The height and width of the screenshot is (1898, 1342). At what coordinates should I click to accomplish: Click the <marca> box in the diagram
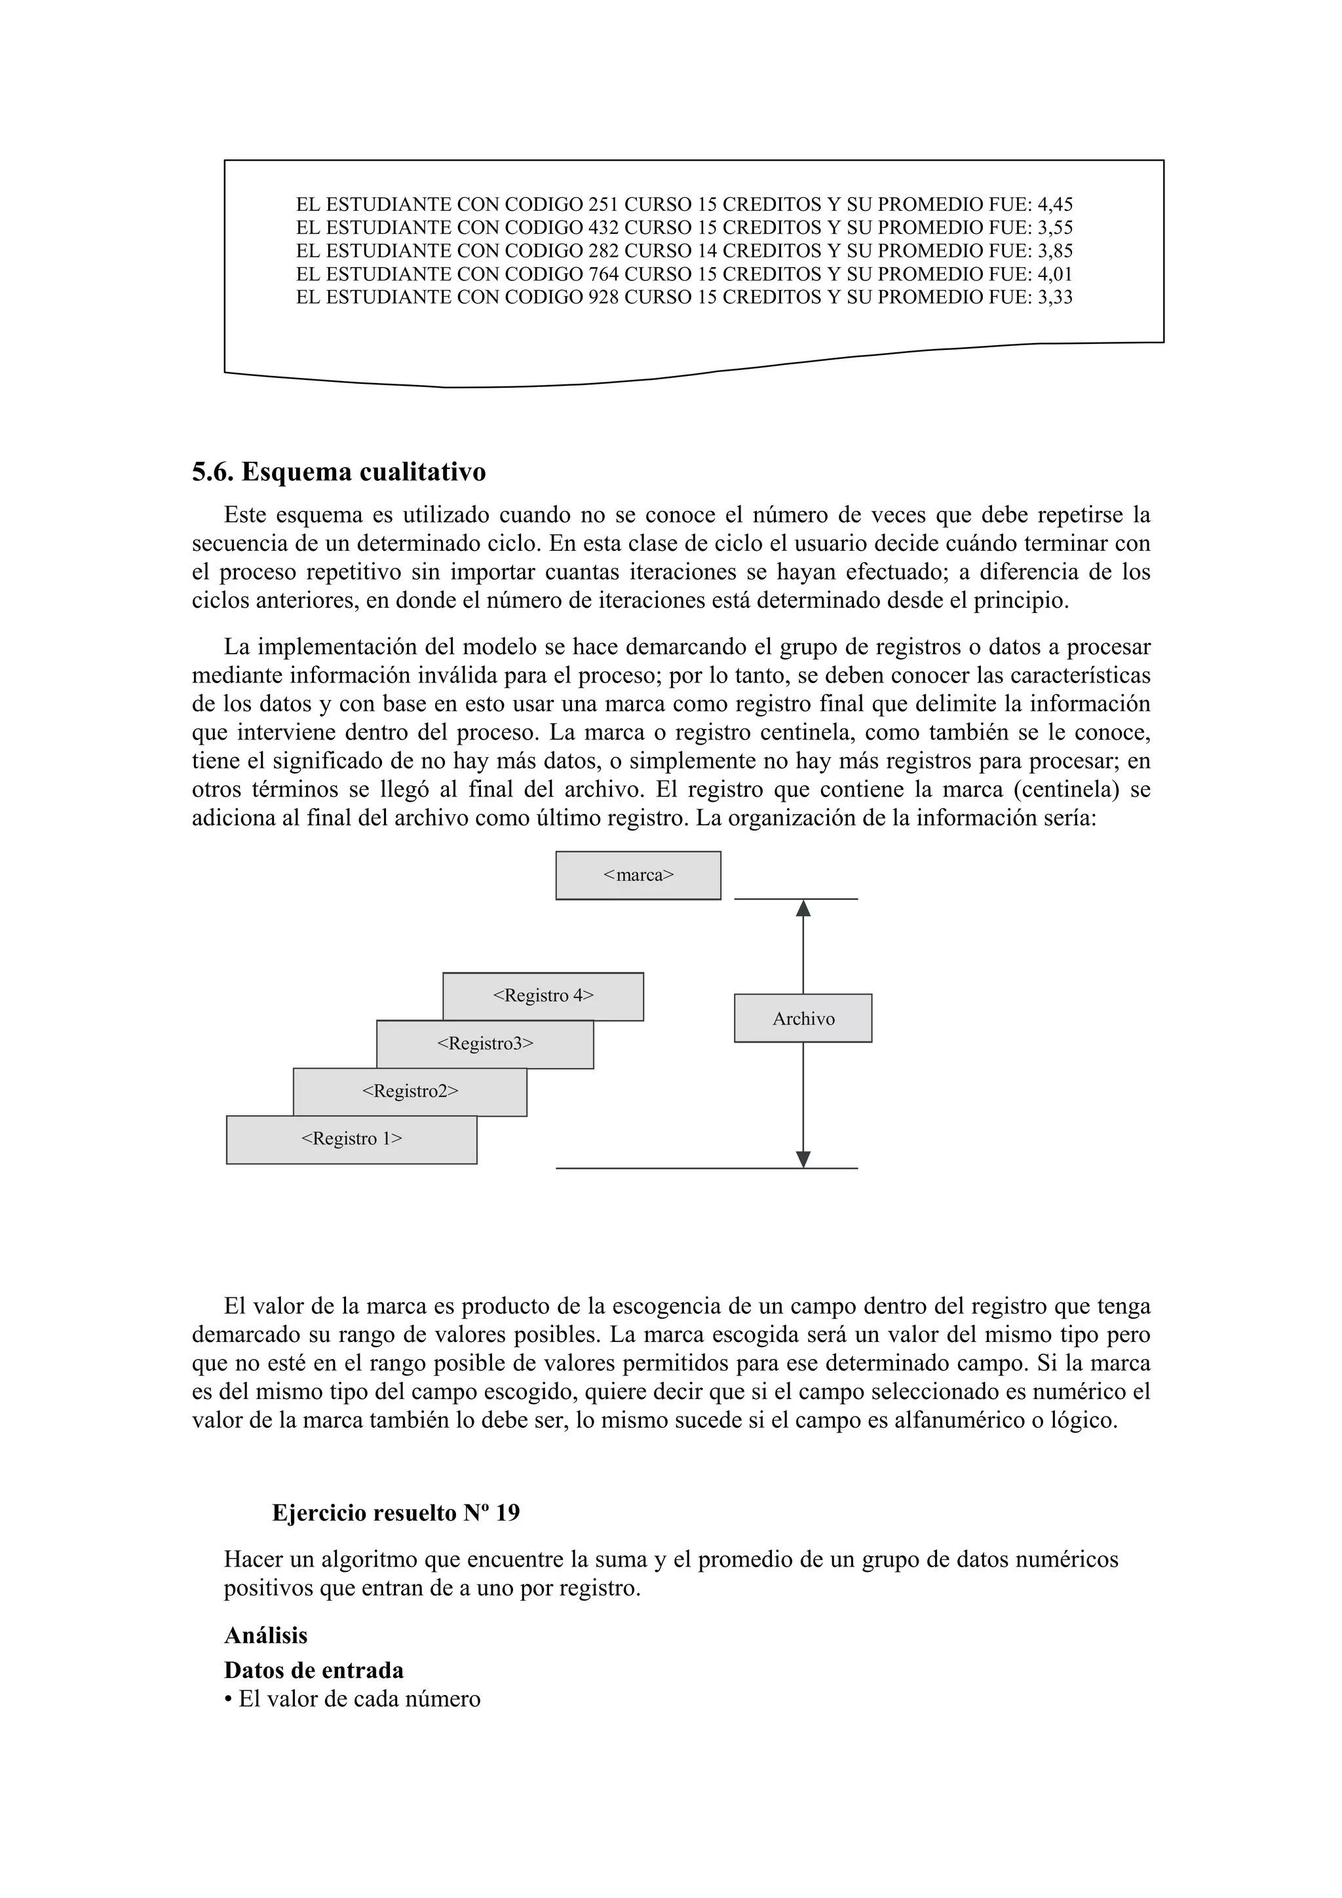pyautogui.click(x=638, y=876)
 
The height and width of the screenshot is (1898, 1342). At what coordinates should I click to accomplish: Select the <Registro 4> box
pyautogui.click(x=543, y=996)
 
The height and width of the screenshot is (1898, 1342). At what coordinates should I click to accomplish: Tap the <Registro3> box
pyautogui.click(x=484, y=1044)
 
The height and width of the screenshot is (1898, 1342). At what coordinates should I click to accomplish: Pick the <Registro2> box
pyautogui.click(x=410, y=1092)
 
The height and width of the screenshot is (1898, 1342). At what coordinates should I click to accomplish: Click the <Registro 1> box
pyautogui.click(x=351, y=1139)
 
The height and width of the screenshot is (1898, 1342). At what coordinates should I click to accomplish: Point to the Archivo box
pyautogui.click(x=803, y=1018)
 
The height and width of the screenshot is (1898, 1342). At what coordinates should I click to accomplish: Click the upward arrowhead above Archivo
pyautogui.click(x=803, y=908)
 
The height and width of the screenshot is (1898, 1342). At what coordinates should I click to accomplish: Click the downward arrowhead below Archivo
pyautogui.click(x=803, y=1159)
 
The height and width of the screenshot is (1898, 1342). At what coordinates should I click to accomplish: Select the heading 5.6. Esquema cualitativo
pyautogui.click(x=339, y=472)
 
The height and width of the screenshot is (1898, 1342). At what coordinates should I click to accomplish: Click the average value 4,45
pyautogui.click(x=1055, y=204)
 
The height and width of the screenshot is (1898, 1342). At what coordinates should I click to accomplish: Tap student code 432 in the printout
pyautogui.click(x=603, y=227)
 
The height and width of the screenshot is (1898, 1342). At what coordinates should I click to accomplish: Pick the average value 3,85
pyautogui.click(x=1055, y=250)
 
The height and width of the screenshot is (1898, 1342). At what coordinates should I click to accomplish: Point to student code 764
pyautogui.click(x=603, y=274)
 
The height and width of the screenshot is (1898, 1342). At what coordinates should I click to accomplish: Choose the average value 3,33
pyautogui.click(x=1055, y=297)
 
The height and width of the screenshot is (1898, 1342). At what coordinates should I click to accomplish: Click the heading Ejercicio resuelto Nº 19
pyautogui.click(x=396, y=1513)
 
